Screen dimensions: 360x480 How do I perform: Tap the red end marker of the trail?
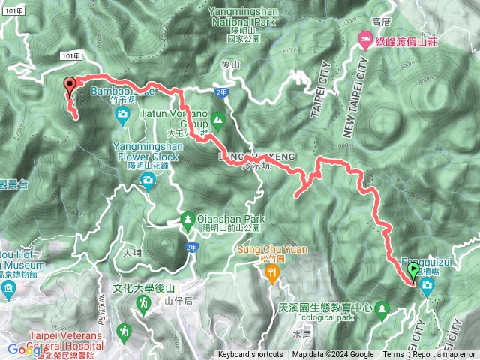(x=70, y=85)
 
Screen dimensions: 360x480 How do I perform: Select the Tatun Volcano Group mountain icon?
(x=217, y=118)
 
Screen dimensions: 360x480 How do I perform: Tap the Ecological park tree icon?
(x=383, y=307)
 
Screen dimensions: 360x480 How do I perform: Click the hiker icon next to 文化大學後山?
(x=142, y=301)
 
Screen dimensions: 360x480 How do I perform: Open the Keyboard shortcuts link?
(x=250, y=355)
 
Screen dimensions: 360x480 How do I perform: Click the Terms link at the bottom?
(x=393, y=355)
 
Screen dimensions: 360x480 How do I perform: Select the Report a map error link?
(x=444, y=355)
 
